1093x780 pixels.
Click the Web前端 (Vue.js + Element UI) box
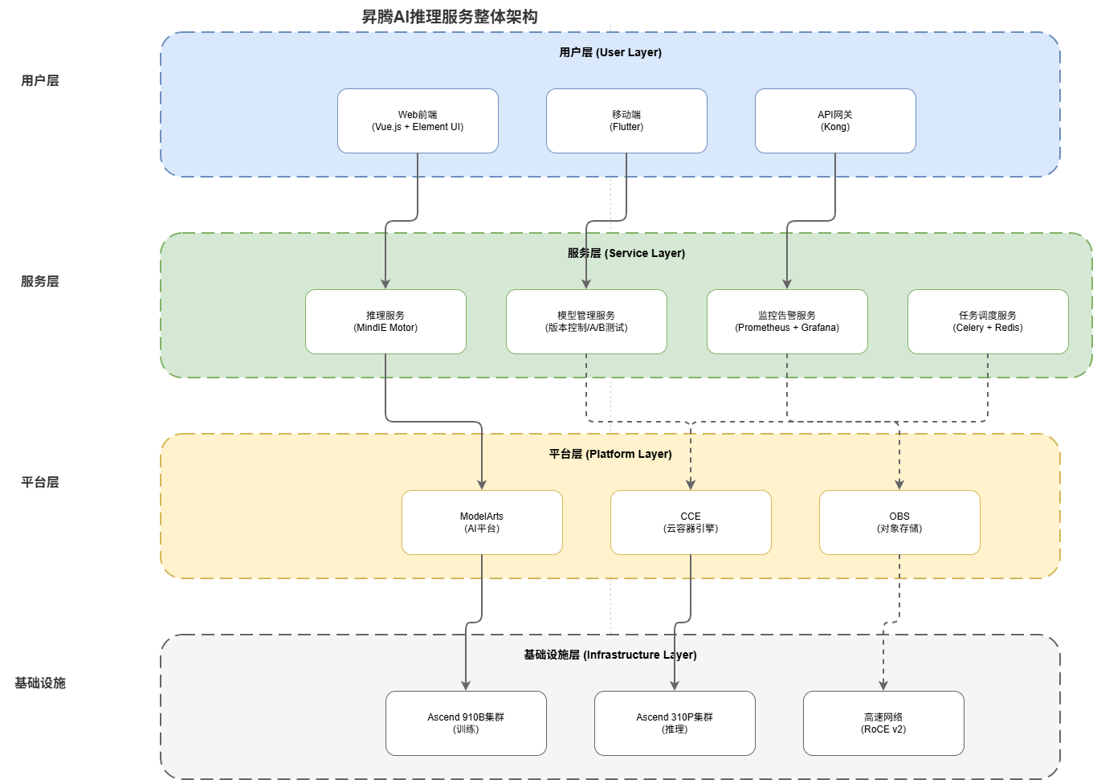click(418, 120)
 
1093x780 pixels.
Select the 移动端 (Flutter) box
click(626, 120)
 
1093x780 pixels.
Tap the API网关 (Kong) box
click(835, 120)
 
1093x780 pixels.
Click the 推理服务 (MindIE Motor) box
click(385, 321)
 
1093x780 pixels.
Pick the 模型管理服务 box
click(586, 321)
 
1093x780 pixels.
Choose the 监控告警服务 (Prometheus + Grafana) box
click(787, 321)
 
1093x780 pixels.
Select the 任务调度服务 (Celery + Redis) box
click(988, 321)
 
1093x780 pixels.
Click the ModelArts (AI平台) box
click(482, 522)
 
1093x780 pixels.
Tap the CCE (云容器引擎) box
click(691, 522)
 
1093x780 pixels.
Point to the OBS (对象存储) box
click(899, 522)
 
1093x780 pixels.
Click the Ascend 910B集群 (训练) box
click(466, 723)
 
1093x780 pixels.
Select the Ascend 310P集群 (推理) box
click(675, 723)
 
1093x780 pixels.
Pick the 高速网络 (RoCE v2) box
click(883, 723)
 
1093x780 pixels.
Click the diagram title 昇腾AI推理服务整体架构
click(450, 17)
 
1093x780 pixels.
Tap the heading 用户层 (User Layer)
click(610, 52)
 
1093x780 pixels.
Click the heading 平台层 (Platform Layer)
click(610, 454)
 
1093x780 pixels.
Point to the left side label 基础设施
click(40, 683)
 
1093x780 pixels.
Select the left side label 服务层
click(40, 281)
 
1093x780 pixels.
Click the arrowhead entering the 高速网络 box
click(883, 685)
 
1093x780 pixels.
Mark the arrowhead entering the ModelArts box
click(482, 484)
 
